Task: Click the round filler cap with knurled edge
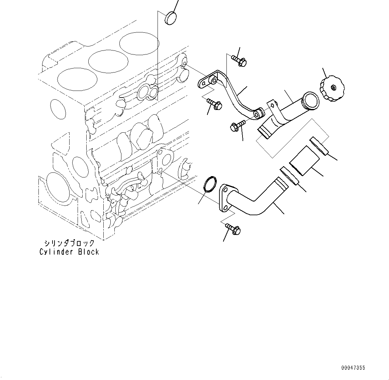click(x=331, y=89)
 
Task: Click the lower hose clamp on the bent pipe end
click(x=289, y=176)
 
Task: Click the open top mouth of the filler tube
click(x=310, y=101)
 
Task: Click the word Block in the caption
click(x=89, y=252)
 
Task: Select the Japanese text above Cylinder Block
click(x=69, y=243)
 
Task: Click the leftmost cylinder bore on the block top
click(x=77, y=79)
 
